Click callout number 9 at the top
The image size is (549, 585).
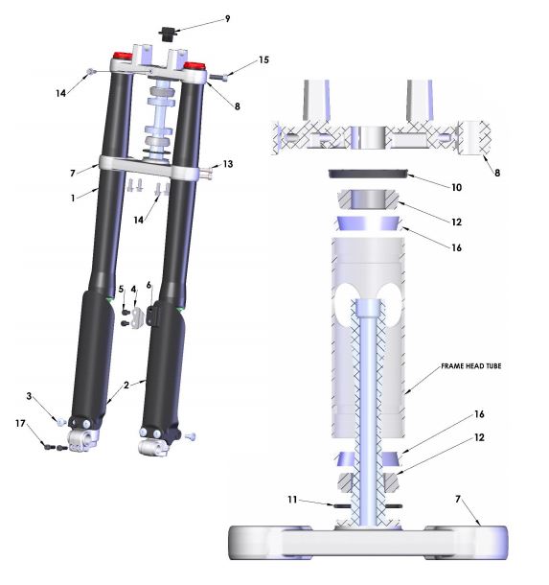point(227,18)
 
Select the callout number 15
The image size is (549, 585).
point(263,60)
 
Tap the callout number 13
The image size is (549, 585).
point(228,165)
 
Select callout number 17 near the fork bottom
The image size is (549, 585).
point(20,424)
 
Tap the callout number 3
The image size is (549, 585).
point(30,396)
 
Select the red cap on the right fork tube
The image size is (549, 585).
point(195,67)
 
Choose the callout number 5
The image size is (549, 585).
point(122,288)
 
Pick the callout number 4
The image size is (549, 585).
point(134,288)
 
